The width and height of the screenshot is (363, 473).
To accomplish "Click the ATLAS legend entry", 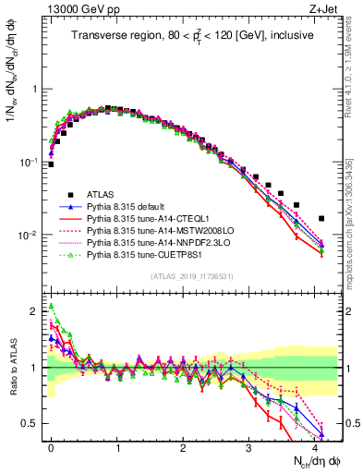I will point(103,194).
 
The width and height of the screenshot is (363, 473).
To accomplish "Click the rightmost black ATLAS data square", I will point(321,219).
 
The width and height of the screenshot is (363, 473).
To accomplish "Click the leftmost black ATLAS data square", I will point(52,164).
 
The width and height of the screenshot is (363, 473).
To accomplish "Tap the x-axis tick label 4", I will point(314,445).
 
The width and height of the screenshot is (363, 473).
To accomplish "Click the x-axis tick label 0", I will point(52,445).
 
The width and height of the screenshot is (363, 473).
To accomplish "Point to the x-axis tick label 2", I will point(183,445).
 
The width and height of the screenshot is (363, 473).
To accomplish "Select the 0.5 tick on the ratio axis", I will point(32,423).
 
